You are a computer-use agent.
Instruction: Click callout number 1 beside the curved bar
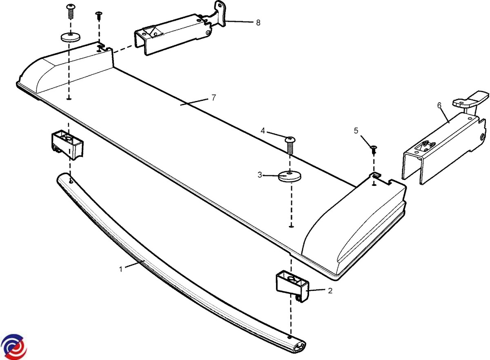point(121,269)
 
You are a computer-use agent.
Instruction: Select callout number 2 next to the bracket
point(330,291)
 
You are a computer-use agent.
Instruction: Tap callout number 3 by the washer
point(260,175)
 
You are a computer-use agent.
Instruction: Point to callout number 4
point(263,131)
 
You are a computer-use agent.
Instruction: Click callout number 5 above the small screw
point(356,131)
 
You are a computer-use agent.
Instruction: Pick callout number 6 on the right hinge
point(439,105)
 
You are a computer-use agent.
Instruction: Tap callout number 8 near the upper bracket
point(258,22)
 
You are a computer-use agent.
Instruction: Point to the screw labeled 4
point(290,144)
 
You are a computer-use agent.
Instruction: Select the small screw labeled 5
point(373,149)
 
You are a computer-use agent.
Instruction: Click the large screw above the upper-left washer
point(71,11)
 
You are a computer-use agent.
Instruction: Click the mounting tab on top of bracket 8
point(220,10)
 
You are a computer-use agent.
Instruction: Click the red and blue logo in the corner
point(13,347)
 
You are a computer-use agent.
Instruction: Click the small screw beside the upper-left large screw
point(98,16)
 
